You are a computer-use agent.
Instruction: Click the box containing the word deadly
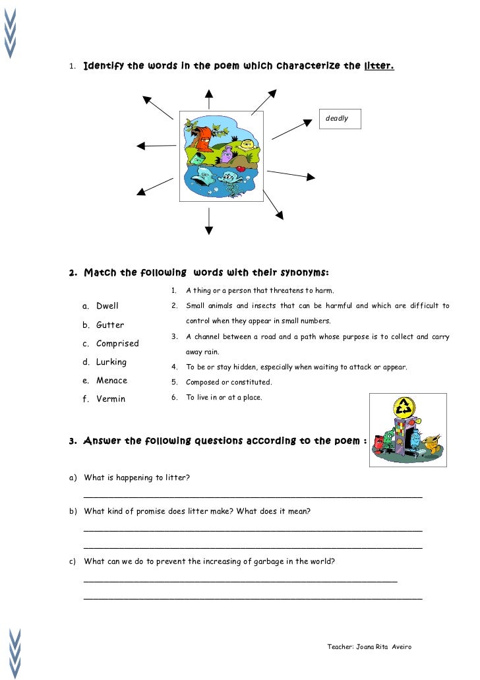[x=340, y=118]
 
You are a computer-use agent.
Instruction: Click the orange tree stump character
[x=204, y=139]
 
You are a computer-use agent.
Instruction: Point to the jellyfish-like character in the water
[x=231, y=181]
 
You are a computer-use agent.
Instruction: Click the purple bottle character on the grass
[x=226, y=156]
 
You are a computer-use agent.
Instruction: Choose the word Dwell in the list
[x=107, y=306]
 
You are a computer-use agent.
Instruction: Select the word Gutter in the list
[x=109, y=325]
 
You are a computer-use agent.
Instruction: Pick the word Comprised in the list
[x=117, y=343]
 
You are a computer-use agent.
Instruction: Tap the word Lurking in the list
[x=111, y=361]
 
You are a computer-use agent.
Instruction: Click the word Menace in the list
[x=111, y=380]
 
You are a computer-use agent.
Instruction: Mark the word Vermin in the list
[x=110, y=398]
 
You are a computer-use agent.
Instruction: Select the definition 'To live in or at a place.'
[x=224, y=397]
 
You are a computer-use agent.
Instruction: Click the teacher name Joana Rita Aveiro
[x=383, y=646]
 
